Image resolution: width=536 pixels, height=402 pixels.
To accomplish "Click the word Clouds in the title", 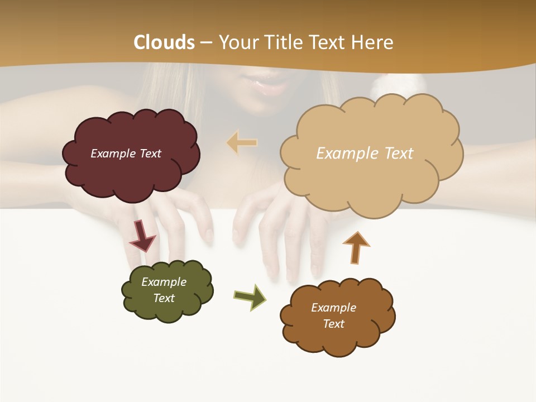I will click(x=164, y=42).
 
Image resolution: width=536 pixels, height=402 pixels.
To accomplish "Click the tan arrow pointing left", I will click(x=242, y=142).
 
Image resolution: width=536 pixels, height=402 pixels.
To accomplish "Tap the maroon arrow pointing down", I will click(x=142, y=236).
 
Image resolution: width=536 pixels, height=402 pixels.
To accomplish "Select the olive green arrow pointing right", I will click(x=250, y=296).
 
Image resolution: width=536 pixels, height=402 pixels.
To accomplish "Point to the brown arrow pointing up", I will click(x=356, y=247).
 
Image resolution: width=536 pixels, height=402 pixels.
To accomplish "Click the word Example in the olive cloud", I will click(x=164, y=282).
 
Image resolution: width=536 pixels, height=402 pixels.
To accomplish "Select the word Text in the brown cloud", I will click(x=333, y=324).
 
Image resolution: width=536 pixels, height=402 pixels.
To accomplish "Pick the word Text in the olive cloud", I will click(x=164, y=298).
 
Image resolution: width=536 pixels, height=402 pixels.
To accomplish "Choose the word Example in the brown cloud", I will click(x=333, y=308).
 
